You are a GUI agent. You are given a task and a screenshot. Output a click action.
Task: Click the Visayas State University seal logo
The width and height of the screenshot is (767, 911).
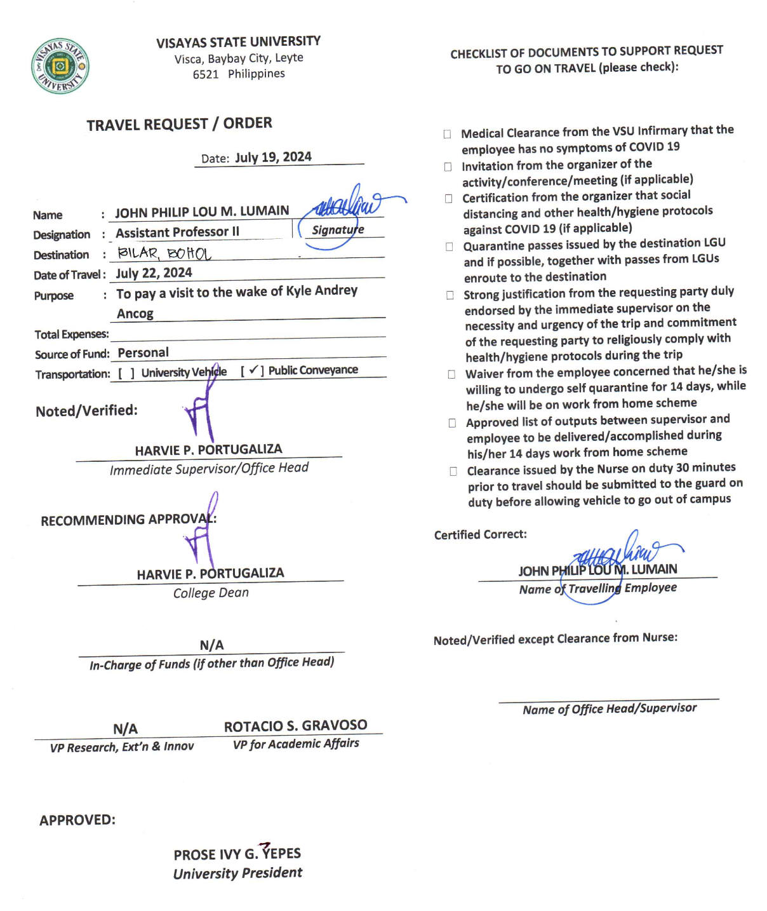click(x=60, y=66)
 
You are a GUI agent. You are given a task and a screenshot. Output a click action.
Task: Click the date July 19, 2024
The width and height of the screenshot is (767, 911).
click(x=273, y=158)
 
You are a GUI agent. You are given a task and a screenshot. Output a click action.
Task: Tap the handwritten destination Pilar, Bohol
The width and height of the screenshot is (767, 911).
click(x=164, y=253)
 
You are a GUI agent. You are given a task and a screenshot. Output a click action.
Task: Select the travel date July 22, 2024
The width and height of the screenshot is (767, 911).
click(x=154, y=273)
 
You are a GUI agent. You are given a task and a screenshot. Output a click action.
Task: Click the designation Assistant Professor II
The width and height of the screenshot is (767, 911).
click(x=177, y=233)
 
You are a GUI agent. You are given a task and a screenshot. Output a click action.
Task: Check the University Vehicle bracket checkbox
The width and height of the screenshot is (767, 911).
click(x=126, y=374)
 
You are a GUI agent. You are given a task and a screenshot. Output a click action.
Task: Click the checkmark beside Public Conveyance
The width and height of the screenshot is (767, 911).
click(x=253, y=370)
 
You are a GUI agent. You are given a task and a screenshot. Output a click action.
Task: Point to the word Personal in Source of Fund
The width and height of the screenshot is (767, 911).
click(x=143, y=353)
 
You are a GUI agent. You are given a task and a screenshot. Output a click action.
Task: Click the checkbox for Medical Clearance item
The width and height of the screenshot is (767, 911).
click(x=447, y=134)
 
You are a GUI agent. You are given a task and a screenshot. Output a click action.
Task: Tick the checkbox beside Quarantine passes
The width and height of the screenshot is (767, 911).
click(x=449, y=246)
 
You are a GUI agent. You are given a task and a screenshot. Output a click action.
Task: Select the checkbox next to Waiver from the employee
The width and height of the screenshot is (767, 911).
click(x=451, y=374)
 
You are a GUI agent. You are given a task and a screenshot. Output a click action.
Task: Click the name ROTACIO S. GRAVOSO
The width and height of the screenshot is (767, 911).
click(x=295, y=725)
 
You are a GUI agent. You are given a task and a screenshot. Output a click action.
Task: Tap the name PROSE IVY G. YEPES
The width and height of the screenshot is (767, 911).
click(x=237, y=854)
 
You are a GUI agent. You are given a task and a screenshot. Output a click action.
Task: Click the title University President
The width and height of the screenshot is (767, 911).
click(x=237, y=873)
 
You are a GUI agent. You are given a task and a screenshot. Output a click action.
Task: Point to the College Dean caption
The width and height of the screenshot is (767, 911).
click(x=211, y=593)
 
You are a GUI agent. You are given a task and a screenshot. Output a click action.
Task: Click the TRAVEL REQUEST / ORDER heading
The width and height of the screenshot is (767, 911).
click(x=179, y=124)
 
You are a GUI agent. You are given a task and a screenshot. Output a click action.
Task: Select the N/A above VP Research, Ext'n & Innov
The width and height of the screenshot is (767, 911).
click(x=125, y=729)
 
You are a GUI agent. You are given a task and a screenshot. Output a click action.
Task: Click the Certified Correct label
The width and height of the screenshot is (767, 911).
click(x=480, y=535)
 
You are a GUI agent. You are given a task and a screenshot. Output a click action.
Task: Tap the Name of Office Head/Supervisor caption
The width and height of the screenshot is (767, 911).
click(x=609, y=708)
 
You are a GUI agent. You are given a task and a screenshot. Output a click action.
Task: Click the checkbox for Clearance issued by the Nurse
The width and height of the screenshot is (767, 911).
click(x=453, y=471)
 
